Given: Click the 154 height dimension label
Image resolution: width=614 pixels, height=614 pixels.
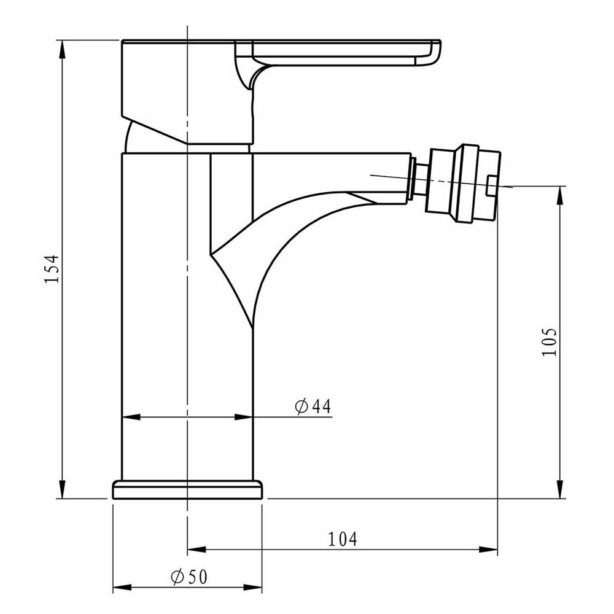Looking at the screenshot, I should [x=53, y=268].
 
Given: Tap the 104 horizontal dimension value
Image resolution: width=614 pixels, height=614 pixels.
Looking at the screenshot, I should [x=342, y=538].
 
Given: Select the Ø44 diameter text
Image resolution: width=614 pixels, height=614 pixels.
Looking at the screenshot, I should [x=313, y=406].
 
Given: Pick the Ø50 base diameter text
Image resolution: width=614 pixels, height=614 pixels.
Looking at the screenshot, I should [x=189, y=577].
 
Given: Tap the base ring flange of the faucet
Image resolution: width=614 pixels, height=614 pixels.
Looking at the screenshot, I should [x=187, y=490].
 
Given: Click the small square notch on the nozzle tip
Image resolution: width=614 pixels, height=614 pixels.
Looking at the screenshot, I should [x=490, y=185].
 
